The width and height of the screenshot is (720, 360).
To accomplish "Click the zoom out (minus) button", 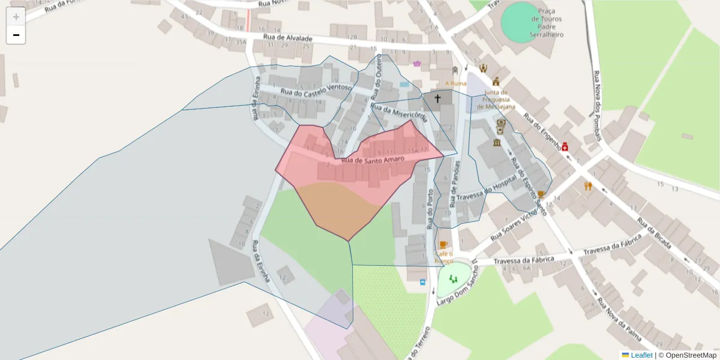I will [16, 35].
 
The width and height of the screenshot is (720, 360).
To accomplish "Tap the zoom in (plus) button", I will [16, 16].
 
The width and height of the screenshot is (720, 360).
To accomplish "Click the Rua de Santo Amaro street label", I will [372, 159].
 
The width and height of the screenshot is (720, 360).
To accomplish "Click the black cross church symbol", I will [438, 98].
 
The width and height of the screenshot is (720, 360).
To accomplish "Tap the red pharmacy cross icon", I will [565, 146].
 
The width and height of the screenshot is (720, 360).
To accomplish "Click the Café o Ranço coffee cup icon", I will [443, 244].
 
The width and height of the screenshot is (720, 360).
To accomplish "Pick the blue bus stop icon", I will [422, 281].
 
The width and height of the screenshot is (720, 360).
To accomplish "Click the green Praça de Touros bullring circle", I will [520, 22].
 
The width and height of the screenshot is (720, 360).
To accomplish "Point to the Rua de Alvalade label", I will [288, 37].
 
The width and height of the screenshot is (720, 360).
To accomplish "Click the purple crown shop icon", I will [417, 63].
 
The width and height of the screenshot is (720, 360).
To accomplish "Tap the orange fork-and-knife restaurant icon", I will [588, 186].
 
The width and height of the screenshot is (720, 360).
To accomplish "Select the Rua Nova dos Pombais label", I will [599, 106].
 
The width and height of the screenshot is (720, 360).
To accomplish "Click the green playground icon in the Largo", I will [453, 278].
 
